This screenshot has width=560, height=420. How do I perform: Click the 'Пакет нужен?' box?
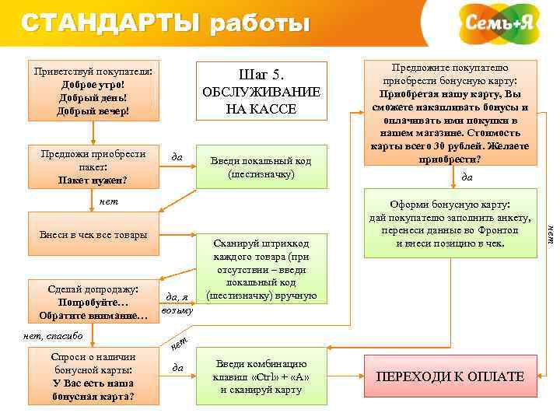(93, 166)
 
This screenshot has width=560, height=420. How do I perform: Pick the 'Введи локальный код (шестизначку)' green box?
(261, 166)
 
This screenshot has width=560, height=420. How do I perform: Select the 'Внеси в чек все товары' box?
(93, 235)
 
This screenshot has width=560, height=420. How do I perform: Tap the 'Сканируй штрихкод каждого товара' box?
(261, 268)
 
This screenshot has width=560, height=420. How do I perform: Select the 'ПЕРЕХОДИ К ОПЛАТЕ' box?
(450, 376)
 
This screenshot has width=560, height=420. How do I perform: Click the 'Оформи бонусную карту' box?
(450, 224)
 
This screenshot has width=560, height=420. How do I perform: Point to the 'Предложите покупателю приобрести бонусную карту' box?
(450, 112)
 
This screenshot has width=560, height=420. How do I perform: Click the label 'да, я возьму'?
(177, 303)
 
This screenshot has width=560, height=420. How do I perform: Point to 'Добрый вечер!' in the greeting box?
(93, 111)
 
